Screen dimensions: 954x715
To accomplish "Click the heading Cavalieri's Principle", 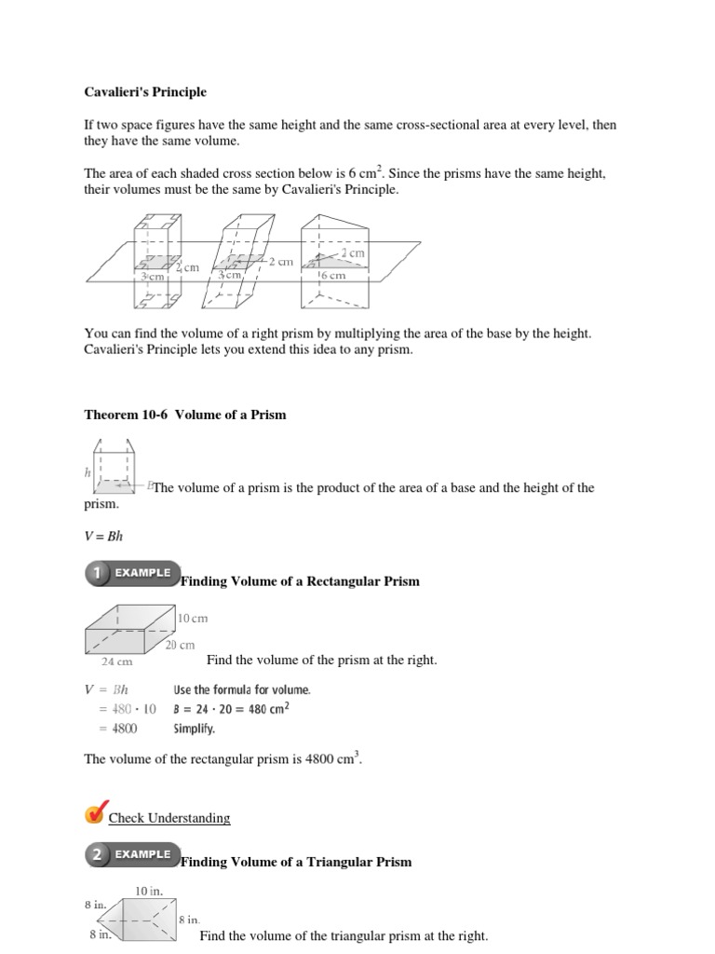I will [146, 92].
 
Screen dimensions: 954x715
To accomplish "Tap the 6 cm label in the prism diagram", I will [333, 276].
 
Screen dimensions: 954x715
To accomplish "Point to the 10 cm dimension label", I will [193, 618].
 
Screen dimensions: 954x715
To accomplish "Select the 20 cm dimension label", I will [180, 645].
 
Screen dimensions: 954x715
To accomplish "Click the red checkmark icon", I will [96, 812].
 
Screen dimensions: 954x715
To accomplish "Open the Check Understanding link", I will [169, 818].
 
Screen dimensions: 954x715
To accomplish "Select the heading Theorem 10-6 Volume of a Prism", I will [185, 415].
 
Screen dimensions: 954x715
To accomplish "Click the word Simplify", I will [194, 729].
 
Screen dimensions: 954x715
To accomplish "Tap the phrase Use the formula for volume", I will [242, 689].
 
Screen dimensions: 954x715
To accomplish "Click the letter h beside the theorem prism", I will [88, 472].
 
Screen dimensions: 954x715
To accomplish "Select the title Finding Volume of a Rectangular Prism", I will [299, 581].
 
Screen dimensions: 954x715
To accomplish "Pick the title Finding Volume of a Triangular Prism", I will [295, 862].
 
